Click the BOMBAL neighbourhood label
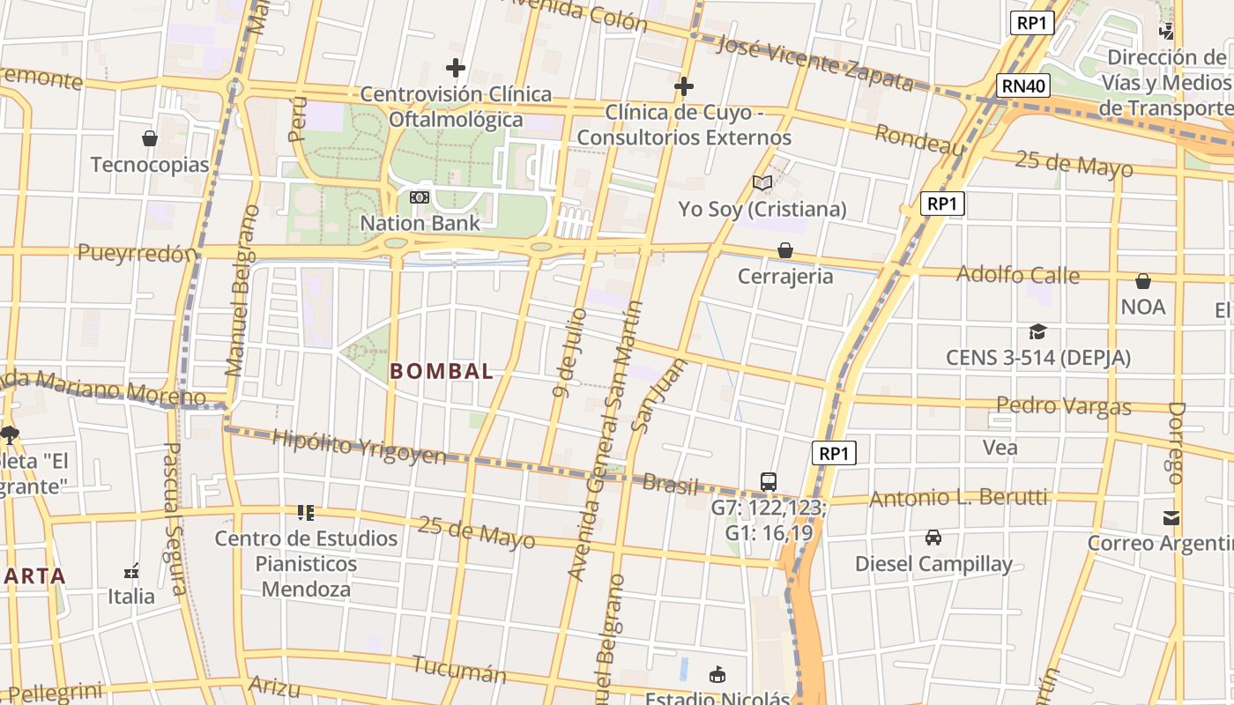[x=442, y=372]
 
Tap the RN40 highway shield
[x=1024, y=85]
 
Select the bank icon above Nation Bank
[x=420, y=197]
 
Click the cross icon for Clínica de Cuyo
[x=683, y=86]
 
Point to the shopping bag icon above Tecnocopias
[x=150, y=138]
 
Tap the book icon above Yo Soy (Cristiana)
[x=762, y=182]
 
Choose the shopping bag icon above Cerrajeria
[x=784, y=250]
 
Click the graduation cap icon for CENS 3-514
[x=1037, y=332]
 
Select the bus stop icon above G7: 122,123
[x=769, y=481]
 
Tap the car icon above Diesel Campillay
[x=933, y=537]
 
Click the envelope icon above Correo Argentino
[x=1171, y=517]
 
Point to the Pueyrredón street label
[x=137, y=254]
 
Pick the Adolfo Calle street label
[x=1018, y=274]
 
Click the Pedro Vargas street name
[x=1064, y=406]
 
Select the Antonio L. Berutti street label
[x=958, y=499]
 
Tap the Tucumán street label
[x=459, y=669]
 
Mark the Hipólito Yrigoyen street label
[x=360, y=447]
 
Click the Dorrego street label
[x=1176, y=443]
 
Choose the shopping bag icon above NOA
[x=1143, y=281]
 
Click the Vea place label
[x=1000, y=448]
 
